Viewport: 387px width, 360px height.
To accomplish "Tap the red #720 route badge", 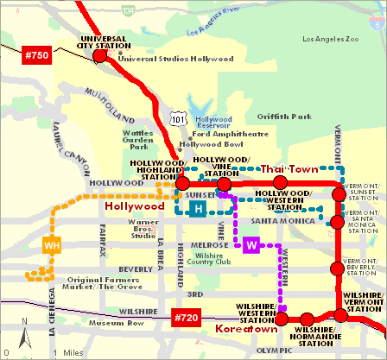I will [x=188, y=319].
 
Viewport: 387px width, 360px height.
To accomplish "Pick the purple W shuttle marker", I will [x=251, y=245].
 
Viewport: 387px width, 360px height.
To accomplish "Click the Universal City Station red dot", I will [x=99, y=56].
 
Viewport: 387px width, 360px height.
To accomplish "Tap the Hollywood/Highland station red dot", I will [x=182, y=184].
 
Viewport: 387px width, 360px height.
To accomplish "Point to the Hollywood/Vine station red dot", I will [x=224, y=184].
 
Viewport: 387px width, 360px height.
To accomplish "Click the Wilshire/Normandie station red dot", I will [x=306, y=319].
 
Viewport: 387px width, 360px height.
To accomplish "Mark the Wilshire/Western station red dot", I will [x=282, y=319].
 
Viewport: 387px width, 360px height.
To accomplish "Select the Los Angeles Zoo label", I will [x=333, y=40].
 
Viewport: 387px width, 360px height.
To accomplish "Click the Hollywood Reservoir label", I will [x=216, y=123].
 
